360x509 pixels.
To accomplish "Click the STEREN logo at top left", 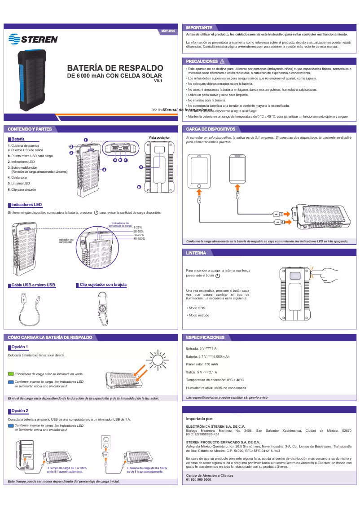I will click(x=33, y=39).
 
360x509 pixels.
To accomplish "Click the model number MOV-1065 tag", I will click(x=168, y=31).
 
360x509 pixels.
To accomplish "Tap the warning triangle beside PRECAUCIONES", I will click(x=222, y=61).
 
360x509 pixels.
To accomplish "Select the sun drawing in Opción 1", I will click(x=157, y=359).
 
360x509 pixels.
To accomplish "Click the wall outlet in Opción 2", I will click(x=106, y=440).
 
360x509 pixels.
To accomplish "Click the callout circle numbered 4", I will click(x=104, y=170).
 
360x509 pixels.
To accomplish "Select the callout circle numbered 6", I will click(x=139, y=187).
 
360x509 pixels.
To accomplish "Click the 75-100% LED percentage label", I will click(x=139, y=238).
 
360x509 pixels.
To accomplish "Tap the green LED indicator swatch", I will click(x=11, y=373).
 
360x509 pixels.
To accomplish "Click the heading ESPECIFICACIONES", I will click(x=205, y=337).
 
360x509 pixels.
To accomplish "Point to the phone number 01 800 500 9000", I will click(x=198, y=479).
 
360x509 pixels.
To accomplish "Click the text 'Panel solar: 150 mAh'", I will click(x=202, y=364).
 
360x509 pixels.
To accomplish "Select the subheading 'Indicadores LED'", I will click(x=26, y=205).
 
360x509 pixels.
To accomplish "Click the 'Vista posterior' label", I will click(x=159, y=137).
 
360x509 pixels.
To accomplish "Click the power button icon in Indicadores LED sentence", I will click(x=96, y=212).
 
